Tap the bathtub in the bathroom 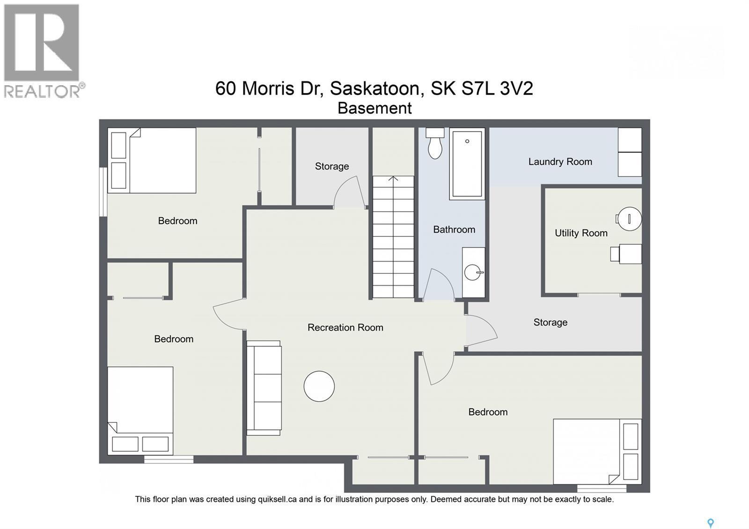click(x=467, y=164)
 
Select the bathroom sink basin click(x=472, y=272)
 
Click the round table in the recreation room click(x=319, y=386)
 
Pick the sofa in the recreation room click(x=264, y=388)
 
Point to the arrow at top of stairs click(x=393, y=179)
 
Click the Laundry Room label click(x=560, y=162)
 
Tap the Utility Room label click(x=581, y=233)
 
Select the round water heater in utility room click(x=629, y=219)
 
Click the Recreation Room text click(x=345, y=327)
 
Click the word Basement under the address click(x=374, y=108)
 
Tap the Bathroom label click(x=454, y=229)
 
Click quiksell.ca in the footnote click(x=277, y=499)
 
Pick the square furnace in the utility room click(x=630, y=254)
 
